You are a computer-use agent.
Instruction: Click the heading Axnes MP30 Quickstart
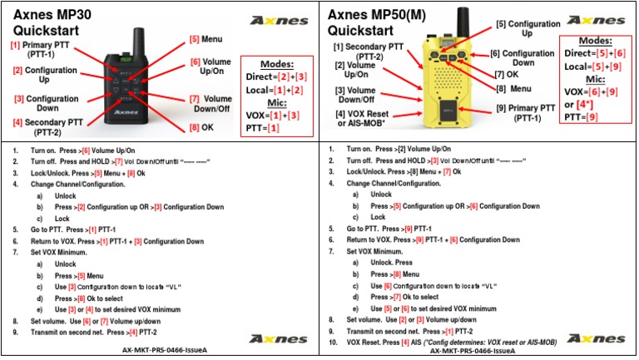coord(54,23)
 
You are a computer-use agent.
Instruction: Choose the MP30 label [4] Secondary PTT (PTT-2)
coord(44,127)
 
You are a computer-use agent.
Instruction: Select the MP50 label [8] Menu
coord(513,88)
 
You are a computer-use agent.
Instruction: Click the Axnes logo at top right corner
coord(599,19)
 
